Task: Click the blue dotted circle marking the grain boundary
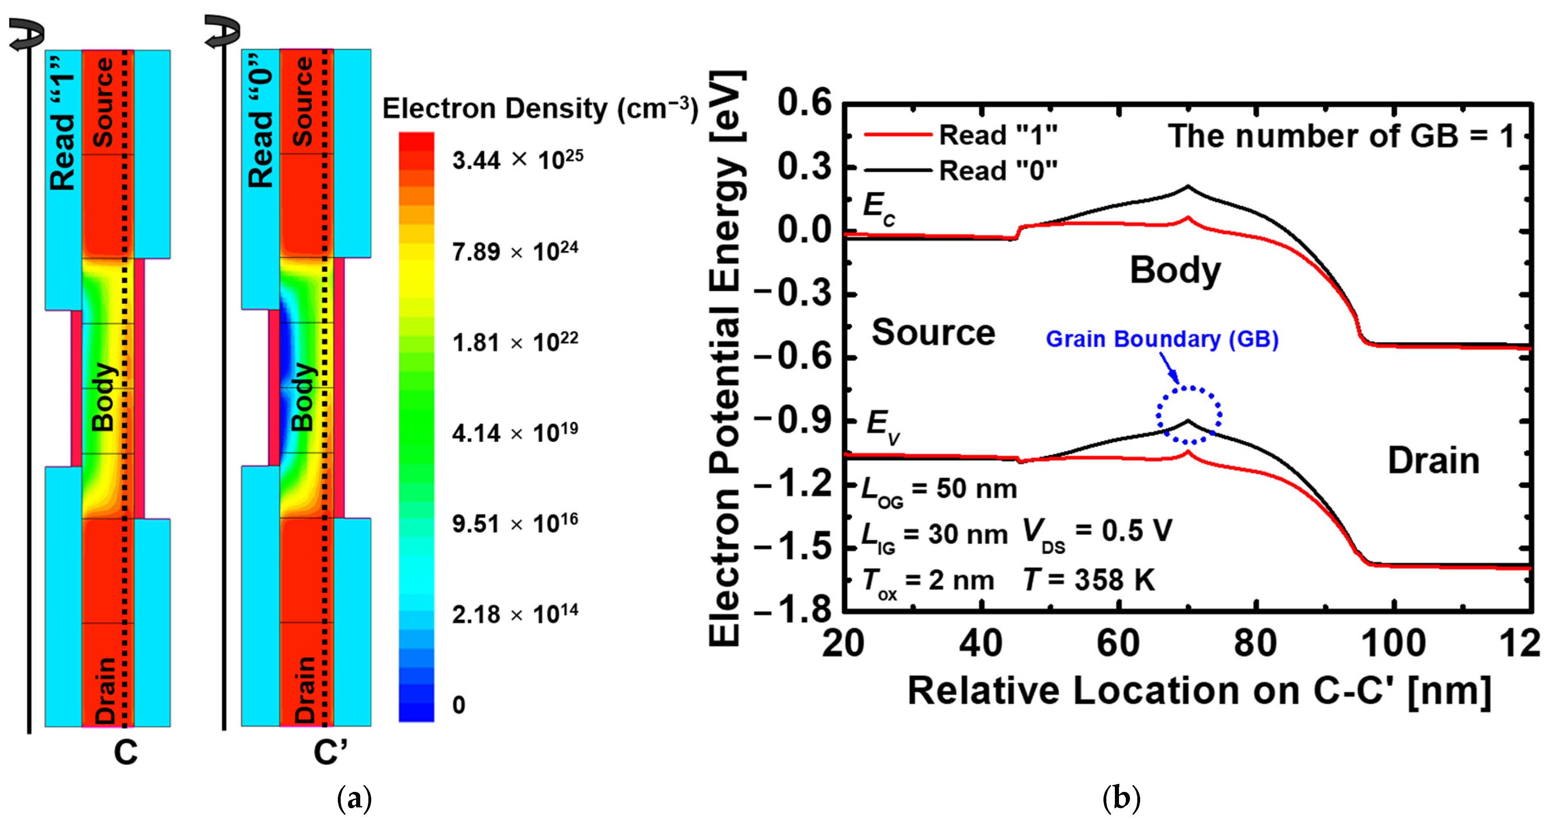[x=1189, y=415]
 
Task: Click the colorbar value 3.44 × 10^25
[x=517, y=160]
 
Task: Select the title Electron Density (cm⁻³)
[x=540, y=109]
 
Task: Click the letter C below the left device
[x=126, y=752]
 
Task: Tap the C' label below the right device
[x=331, y=752]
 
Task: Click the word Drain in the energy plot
[x=1433, y=461]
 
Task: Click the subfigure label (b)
[x=1121, y=799]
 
